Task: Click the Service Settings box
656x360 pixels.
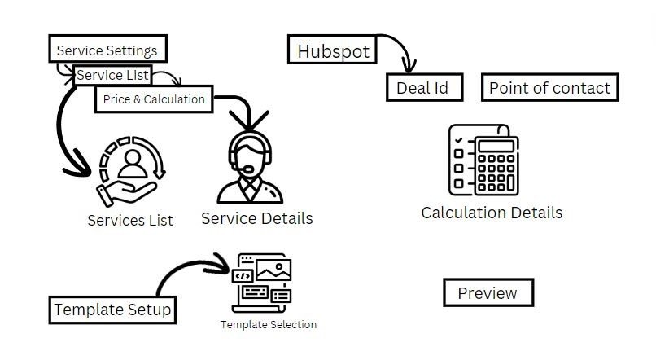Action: click(107, 50)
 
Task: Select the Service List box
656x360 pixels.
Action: click(112, 75)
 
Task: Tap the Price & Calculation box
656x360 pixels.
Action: click(154, 99)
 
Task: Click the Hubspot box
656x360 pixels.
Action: click(333, 51)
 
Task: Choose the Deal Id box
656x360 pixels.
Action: click(422, 88)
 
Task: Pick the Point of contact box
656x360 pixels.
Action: click(549, 88)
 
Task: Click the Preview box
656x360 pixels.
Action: click(487, 293)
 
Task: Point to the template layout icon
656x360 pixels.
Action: click(261, 281)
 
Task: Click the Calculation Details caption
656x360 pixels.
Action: click(491, 213)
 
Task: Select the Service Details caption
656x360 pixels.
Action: click(256, 218)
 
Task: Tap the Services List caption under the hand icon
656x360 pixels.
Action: click(130, 221)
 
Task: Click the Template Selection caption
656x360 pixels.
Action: click(268, 324)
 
